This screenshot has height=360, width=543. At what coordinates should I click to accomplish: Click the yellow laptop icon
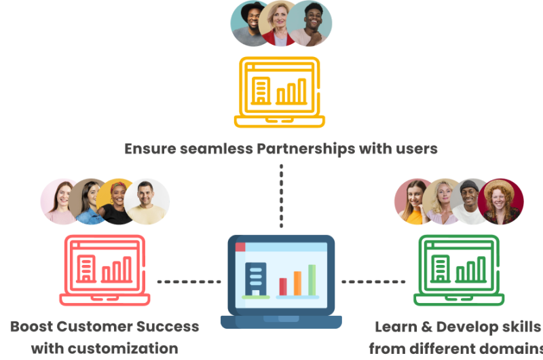(279, 92)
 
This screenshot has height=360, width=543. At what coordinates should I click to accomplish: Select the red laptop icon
(105, 269)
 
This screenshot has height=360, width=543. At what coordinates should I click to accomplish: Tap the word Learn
(397, 327)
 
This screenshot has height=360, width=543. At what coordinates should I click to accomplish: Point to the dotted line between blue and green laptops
(372, 281)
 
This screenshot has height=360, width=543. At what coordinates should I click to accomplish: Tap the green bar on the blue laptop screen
(312, 280)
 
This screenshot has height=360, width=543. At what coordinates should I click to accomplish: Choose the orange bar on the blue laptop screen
(297, 283)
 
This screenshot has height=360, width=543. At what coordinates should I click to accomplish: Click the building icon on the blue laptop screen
(255, 278)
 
